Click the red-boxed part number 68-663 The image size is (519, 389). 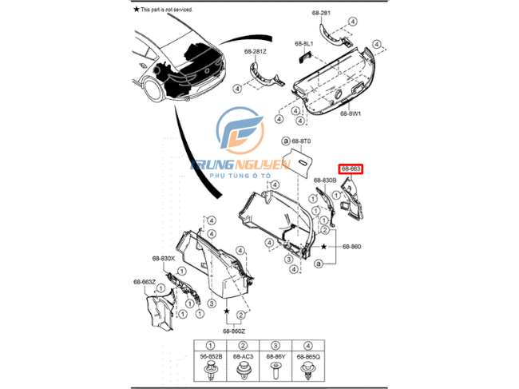351,169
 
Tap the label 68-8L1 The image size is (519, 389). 304,42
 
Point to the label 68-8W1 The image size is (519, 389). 352,113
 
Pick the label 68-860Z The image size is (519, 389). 235,330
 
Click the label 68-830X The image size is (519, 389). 163,258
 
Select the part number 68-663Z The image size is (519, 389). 145,282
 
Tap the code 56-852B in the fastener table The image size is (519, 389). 211,356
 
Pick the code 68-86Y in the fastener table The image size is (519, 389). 275,356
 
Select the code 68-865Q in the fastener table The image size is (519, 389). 307,356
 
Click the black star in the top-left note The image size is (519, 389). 136,9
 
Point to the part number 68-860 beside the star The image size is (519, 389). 351,247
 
